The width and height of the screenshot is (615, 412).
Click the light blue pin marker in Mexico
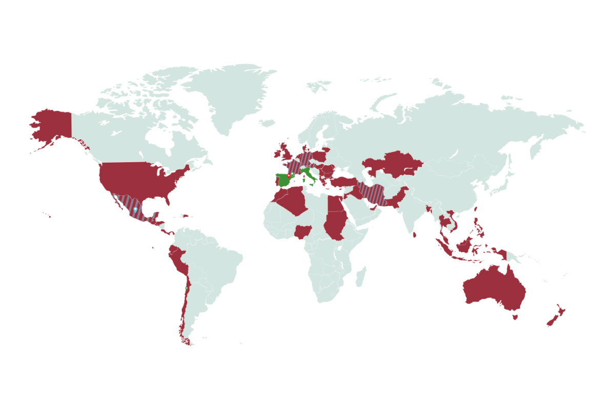[x=135, y=210]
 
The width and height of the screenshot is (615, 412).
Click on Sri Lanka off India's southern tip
[x=416, y=234]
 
